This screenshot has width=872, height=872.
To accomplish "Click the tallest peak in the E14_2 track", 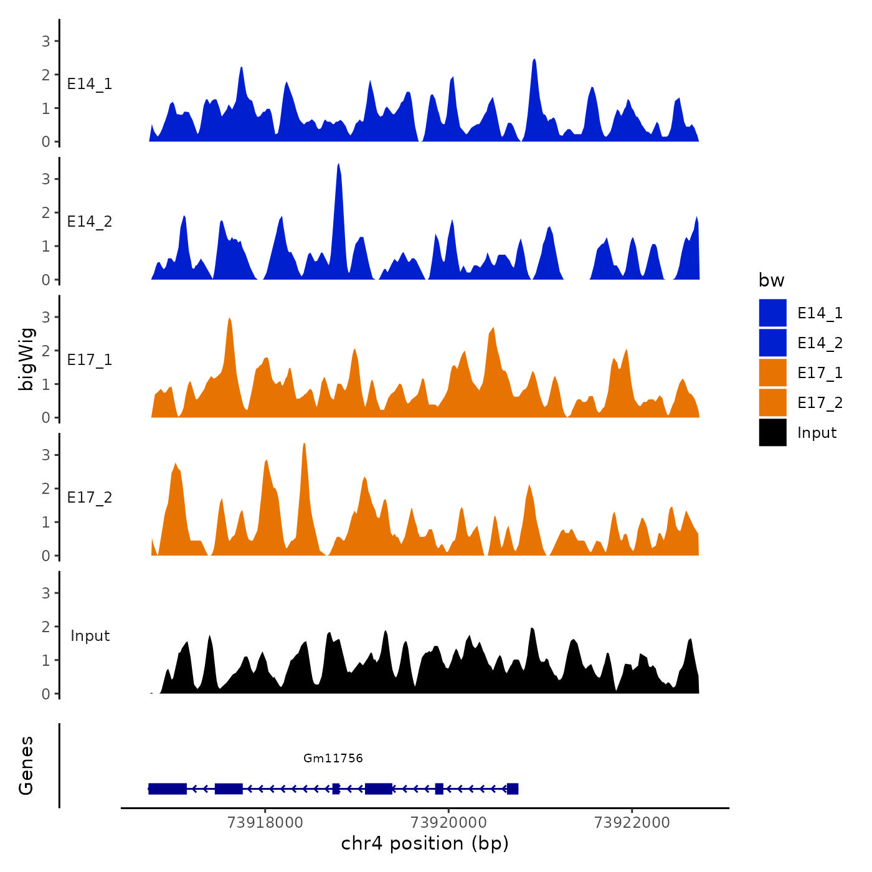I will tap(338, 165).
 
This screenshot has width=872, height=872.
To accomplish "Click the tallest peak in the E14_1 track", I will tap(534, 60).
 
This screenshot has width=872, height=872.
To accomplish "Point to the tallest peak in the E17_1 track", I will tap(229, 320).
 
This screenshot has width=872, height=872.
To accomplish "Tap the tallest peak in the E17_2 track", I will tap(304, 445).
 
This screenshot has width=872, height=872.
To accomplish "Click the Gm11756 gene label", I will tap(333, 758).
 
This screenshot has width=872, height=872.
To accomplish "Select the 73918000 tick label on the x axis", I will tap(265, 823).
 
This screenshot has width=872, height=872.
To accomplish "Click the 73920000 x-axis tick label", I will tap(448, 823).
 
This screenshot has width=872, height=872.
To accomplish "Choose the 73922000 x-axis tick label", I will tap(632, 823).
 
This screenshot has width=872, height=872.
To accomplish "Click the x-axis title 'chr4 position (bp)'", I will tap(425, 844).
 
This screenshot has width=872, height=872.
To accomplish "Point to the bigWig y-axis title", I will tap(26, 359).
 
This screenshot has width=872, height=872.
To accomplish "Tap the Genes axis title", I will tap(26, 765).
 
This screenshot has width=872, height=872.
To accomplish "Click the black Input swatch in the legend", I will tap(772, 432).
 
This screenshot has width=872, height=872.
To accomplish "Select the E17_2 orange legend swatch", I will tap(772, 402).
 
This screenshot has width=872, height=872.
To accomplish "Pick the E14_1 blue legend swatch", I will tap(772, 313).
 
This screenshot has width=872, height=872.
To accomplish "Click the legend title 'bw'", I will tap(771, 281).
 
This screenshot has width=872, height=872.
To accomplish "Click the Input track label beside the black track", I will tap(90, 636).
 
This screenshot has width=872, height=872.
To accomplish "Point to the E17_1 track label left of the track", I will tap(90, 360).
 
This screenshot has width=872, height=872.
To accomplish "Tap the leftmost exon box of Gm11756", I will tap(168, 789).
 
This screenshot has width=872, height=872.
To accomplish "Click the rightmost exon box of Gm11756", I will tap(513, 789).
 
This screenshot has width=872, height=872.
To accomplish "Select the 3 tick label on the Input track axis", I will tap(46, 593).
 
